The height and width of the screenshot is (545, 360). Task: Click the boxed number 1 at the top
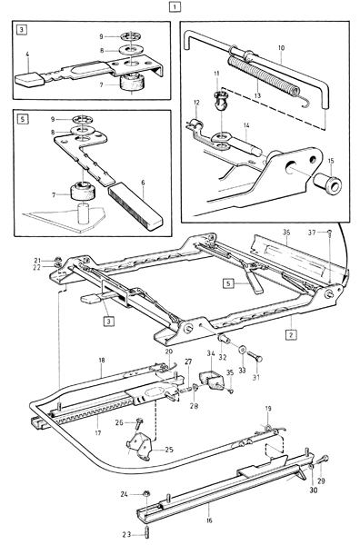(175, 6)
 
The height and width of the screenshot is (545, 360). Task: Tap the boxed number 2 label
(291, 335)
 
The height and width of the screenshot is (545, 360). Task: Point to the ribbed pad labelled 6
(135, 205)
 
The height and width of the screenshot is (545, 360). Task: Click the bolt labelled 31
(255, 357)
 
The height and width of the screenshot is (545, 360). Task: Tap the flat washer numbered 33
(242, 349)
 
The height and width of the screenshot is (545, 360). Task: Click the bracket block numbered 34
(211, 380)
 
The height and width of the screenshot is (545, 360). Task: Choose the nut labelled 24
(146, 493)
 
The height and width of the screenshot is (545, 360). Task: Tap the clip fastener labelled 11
(219, 99)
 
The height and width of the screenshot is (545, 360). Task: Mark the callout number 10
(282, 48)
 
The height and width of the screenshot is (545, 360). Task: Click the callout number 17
(98, 432)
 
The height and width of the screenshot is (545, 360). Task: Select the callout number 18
(102, 361)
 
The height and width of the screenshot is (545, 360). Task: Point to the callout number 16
(209, 520)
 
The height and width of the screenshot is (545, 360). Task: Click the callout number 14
(246, 124)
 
